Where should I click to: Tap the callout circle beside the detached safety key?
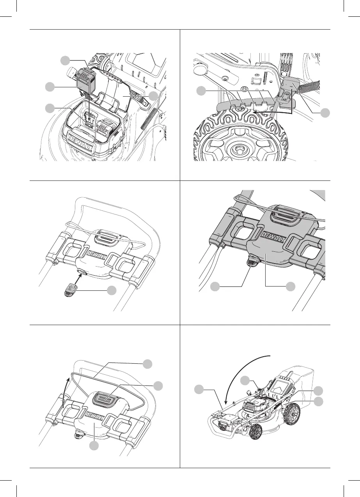(112, 290)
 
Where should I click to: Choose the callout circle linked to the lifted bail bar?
(147, 364)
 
